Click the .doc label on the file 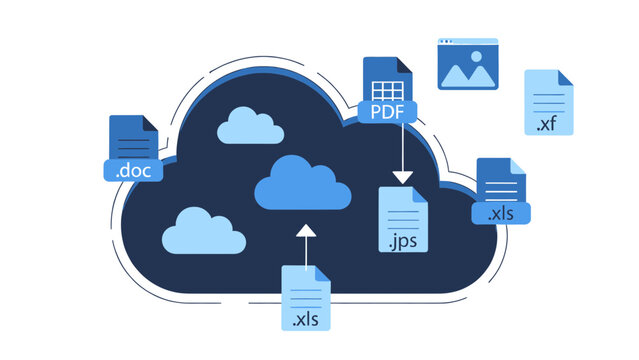pos(133,170)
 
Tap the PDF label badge pos(387,111)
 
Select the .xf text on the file pos(547,124)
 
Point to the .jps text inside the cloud pos(402,241)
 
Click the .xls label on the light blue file pos(306,321)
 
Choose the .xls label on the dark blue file pos(501,213)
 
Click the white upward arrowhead pos(306,232)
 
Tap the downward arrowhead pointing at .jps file pos(402,176)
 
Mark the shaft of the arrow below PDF pos(402,146)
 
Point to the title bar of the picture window pos(467,43)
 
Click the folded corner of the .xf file pos(565,76)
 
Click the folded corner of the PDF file pos(404,64)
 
